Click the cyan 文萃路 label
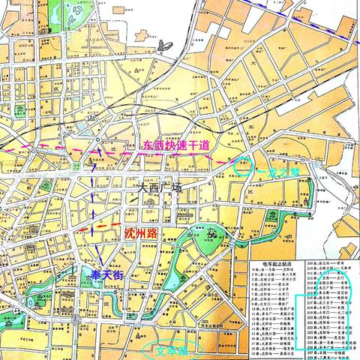pos(164,349)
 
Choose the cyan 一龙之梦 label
pos(278,172)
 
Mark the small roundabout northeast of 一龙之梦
pos(303,160)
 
